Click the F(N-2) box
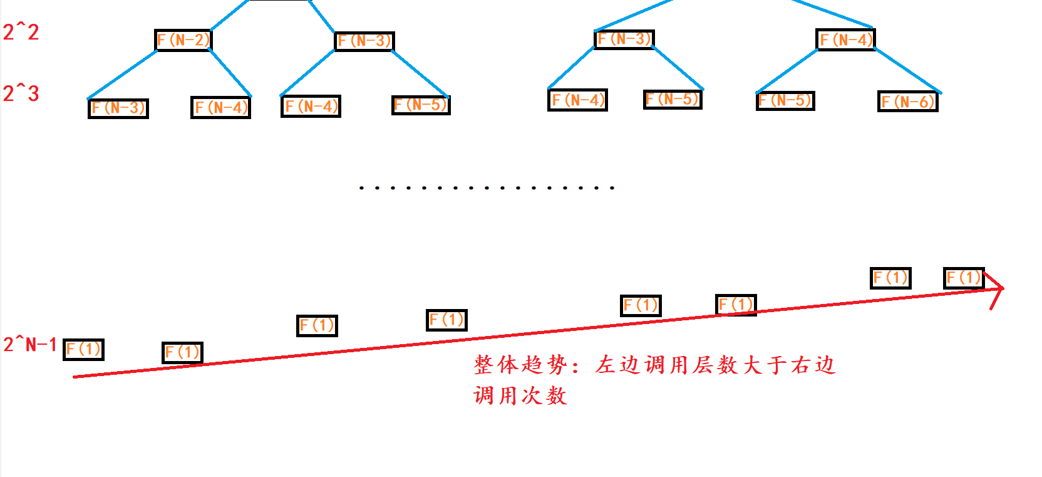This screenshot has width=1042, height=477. coord(183,40)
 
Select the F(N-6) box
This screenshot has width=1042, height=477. coord(907,102)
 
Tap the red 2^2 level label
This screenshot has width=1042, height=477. coord(21,32)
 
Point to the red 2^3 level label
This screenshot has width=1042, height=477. coord(21,93)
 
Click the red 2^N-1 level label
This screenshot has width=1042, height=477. coord(29,344)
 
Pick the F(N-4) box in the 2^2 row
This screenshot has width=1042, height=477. coord(845,39)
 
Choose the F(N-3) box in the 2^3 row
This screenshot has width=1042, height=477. coord(118,108)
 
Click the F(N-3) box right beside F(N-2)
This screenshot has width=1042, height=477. coord(364,41)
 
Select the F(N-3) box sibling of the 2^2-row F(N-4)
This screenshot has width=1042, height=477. coord(624,39)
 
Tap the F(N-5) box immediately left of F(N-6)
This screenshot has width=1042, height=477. coord(785,100)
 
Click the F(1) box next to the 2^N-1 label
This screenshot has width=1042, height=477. coord(83,349)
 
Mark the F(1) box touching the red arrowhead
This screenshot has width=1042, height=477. coord(964,278)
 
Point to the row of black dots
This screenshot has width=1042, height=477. coord(486,187)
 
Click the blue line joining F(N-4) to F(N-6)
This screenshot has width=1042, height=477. coord(907,71)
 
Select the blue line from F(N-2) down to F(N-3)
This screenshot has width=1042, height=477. coord(122,75)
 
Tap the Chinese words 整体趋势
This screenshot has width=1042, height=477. coord(520,365)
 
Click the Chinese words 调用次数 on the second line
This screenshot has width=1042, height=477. coord(520,396)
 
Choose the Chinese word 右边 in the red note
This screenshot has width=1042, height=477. coord(812,365)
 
